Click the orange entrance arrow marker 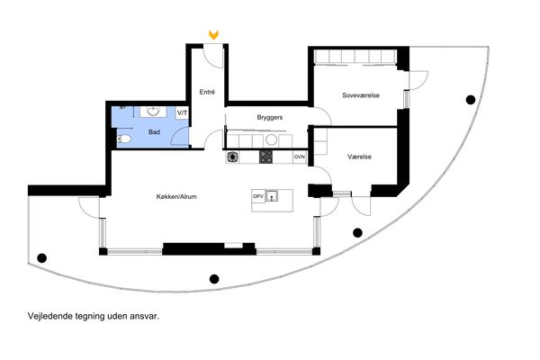click(x=213, y=35)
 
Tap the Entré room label click(x=207, y=92)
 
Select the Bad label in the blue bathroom click(x=154, y=132)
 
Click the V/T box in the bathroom click(x=182, y=113)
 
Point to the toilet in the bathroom click(x=124, y=139)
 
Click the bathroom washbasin click(x=153, y=112)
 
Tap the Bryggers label click(x=270, y=118)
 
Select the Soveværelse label click(x=361, y=95)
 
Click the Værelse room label click(x=359, y=157)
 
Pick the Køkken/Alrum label click(x=176, y=197)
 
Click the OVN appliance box click(x=300, y=157)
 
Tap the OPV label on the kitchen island click(x=258, y=196)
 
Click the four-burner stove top click(x=265, y=157)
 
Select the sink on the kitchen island click(x=272, y=196)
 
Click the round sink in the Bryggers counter click(x=271, y=139)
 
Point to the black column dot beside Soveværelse click(x=471, y=100)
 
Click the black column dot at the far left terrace click(x=41, y=257)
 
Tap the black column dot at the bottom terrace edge click(x=214, y=279)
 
